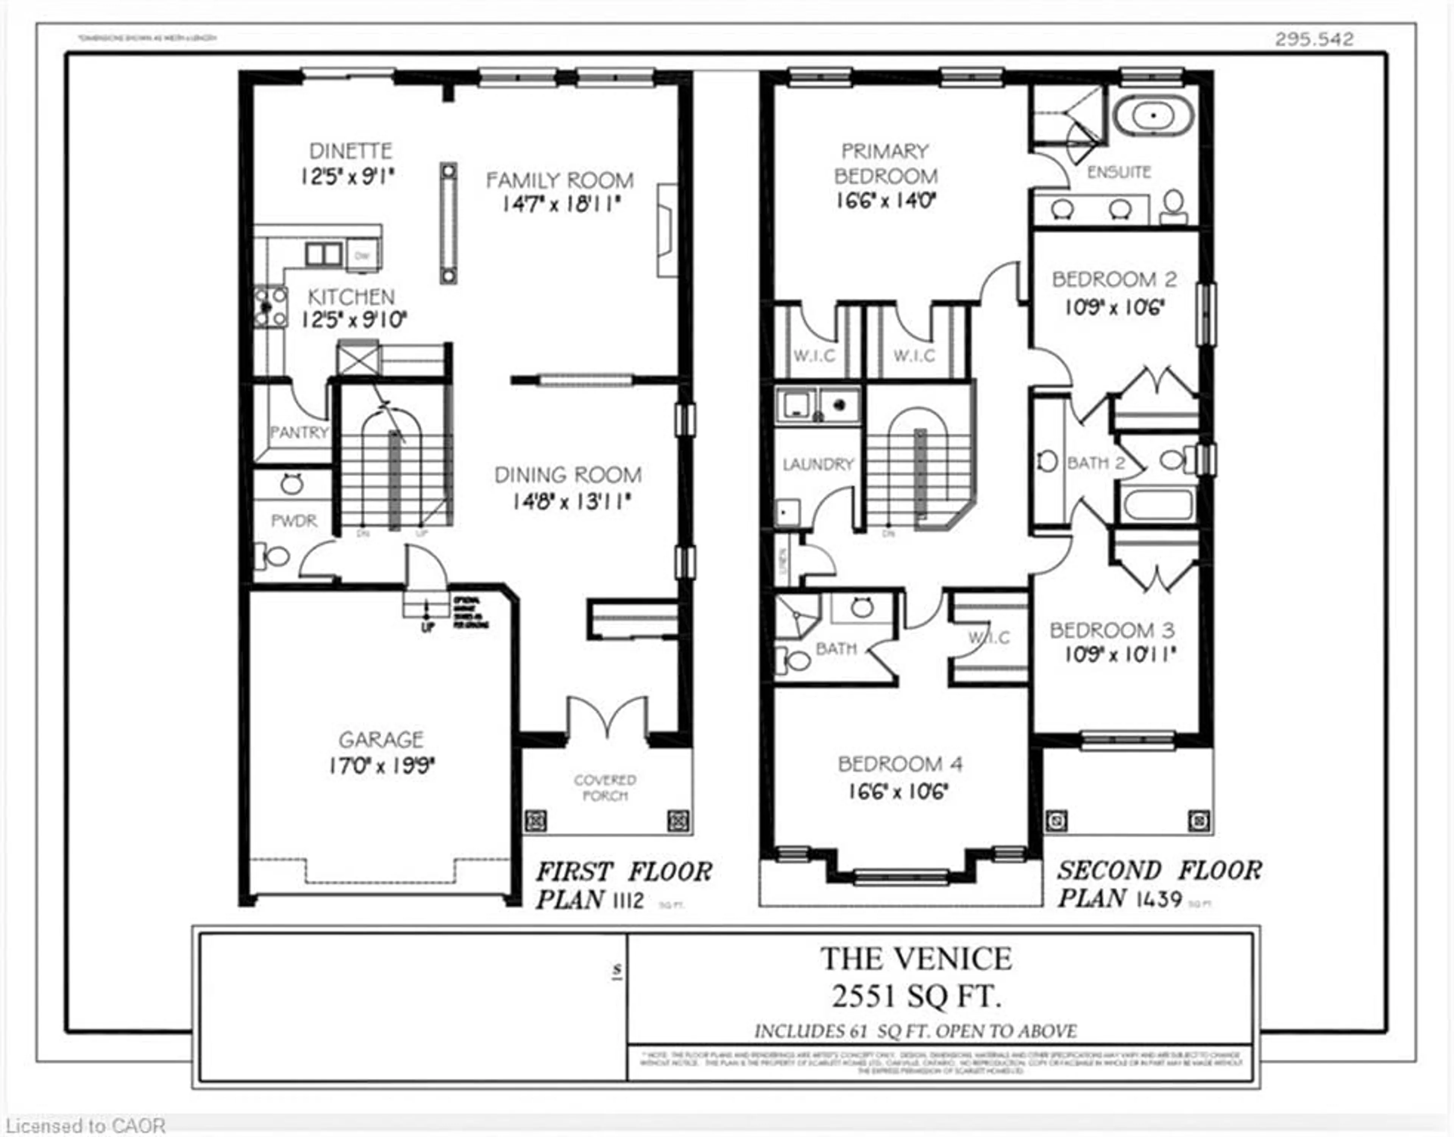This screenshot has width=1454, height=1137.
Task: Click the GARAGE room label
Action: coord(381,739)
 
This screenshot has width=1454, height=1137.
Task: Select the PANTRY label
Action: coord(299,433)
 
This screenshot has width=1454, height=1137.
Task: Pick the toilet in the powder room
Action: coord(273,555)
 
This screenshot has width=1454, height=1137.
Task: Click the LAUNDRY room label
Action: coord(817,464)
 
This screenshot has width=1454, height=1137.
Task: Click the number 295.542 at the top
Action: coord(1314,39)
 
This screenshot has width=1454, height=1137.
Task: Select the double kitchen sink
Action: coord(324,254)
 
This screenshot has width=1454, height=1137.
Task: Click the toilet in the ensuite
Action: coord(1173,206)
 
